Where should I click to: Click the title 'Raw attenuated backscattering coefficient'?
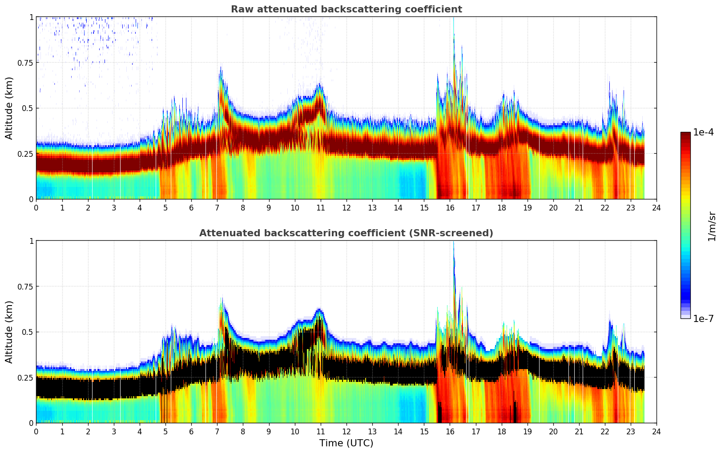346,9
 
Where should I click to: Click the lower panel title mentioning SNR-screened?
346,233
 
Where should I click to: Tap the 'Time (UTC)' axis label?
346,443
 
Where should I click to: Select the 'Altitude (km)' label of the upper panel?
9,108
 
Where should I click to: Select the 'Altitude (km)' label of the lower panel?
9,332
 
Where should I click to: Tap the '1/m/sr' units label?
711,226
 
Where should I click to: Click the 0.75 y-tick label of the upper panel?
25,63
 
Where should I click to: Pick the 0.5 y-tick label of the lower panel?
28,332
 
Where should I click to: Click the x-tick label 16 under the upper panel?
450,208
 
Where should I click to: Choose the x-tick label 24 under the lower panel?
657,432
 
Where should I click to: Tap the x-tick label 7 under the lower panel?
217,432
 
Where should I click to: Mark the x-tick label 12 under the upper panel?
346,208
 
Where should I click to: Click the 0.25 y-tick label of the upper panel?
25,154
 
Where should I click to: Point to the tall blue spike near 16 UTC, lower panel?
454,258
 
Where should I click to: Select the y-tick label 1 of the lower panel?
31,241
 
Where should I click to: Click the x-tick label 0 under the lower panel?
36,432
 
